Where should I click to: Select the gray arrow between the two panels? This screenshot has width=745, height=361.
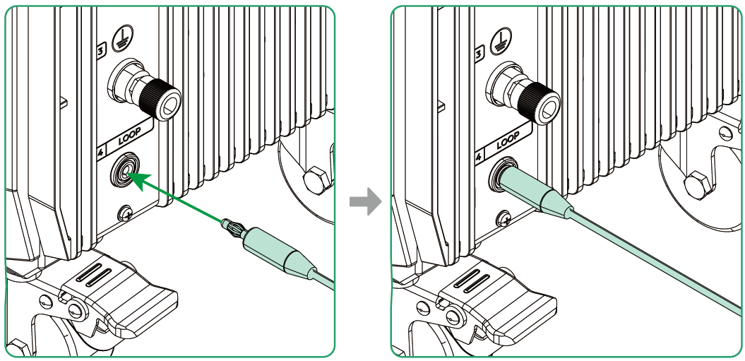click(x=364, y=203)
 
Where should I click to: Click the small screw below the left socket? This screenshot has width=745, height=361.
click(x=126, y=212)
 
